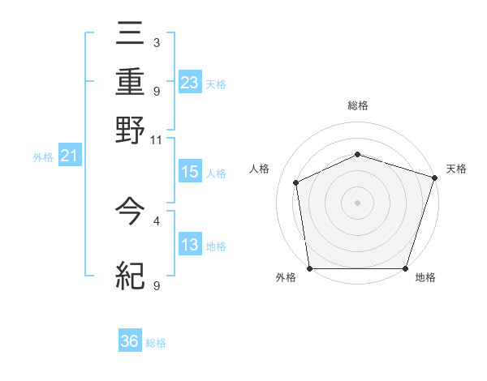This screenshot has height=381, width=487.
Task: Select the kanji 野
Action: pyautogui.click(x=131, y=130)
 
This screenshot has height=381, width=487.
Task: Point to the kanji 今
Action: pyautogui.click(x=131, y=211)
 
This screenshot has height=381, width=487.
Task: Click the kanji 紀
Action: pyautogui.click(x=131, y=276)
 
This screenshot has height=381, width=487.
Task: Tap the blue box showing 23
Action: pyautogui.click(x=190, y=82)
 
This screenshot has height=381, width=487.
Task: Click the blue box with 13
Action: pyautogui.click(x=190, y=245)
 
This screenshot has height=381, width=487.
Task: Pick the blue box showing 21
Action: pyautogui.click(x=68, y=156)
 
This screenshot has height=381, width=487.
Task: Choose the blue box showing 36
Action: pyautogui.click(x=130, y=341)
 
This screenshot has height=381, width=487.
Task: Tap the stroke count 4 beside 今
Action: pyautogui.click(x=156, y=220)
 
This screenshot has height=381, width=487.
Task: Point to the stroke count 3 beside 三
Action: pyautogui.click(x=156, y=41)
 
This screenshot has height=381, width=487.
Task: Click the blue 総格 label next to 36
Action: pyautogui.click(x=156, y=343)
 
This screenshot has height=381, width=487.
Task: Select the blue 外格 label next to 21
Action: pyautogui.click(x=42, y=157)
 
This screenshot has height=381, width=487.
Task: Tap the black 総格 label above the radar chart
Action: pyautogui.click(x=357, y=105)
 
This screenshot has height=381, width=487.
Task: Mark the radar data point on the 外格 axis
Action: pyautogui.click(x=309, y=268)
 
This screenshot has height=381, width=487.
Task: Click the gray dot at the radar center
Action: pyautogui.click(x=357, y=203)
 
